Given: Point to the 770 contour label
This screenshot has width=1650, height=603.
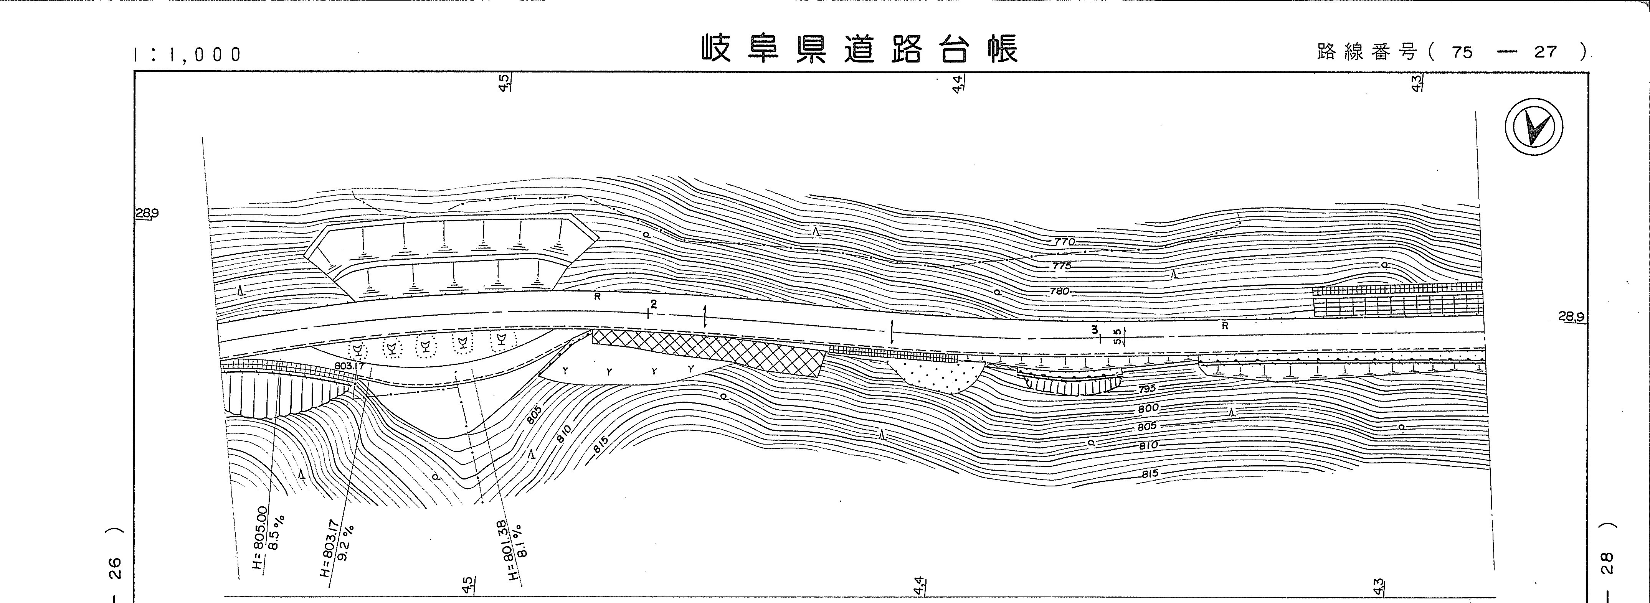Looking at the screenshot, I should tap(1063, 242).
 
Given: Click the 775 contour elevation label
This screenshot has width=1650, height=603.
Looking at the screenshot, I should tap(1061, 266).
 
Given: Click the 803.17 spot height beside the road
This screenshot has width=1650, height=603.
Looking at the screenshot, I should tap(349, 366).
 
